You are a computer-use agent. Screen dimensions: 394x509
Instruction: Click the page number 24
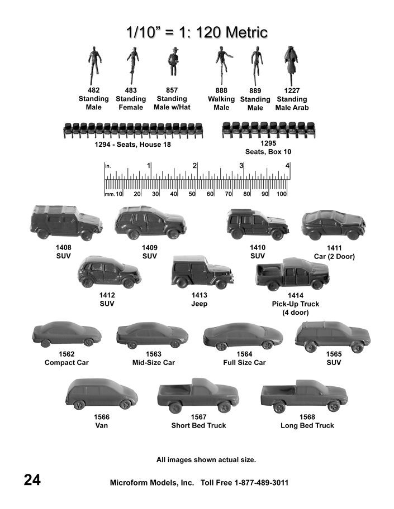[32, 479]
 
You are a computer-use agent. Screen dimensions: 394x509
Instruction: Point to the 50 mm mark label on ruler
[192, 194]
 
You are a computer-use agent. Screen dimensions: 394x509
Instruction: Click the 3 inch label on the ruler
[241, 166]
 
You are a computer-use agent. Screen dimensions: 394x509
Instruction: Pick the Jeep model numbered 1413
[202, 272]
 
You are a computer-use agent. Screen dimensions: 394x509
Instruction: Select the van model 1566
[101, 394]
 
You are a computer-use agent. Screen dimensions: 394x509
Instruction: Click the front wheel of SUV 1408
[86, 235]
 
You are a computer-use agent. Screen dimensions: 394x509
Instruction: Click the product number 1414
[296, 295]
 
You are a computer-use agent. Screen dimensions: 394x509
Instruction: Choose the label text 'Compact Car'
[67, 363]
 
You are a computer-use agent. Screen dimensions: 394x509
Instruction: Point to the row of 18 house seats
[133, 130]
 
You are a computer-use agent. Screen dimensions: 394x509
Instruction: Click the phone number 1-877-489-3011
[262, 483]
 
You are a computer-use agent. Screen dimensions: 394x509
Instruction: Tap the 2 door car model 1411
[334, 224]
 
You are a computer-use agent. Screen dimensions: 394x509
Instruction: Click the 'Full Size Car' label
[244, 363]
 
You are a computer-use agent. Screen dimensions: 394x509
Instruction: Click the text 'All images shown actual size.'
[206, 460]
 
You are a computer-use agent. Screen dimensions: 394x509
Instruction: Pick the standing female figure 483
[132, 65]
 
